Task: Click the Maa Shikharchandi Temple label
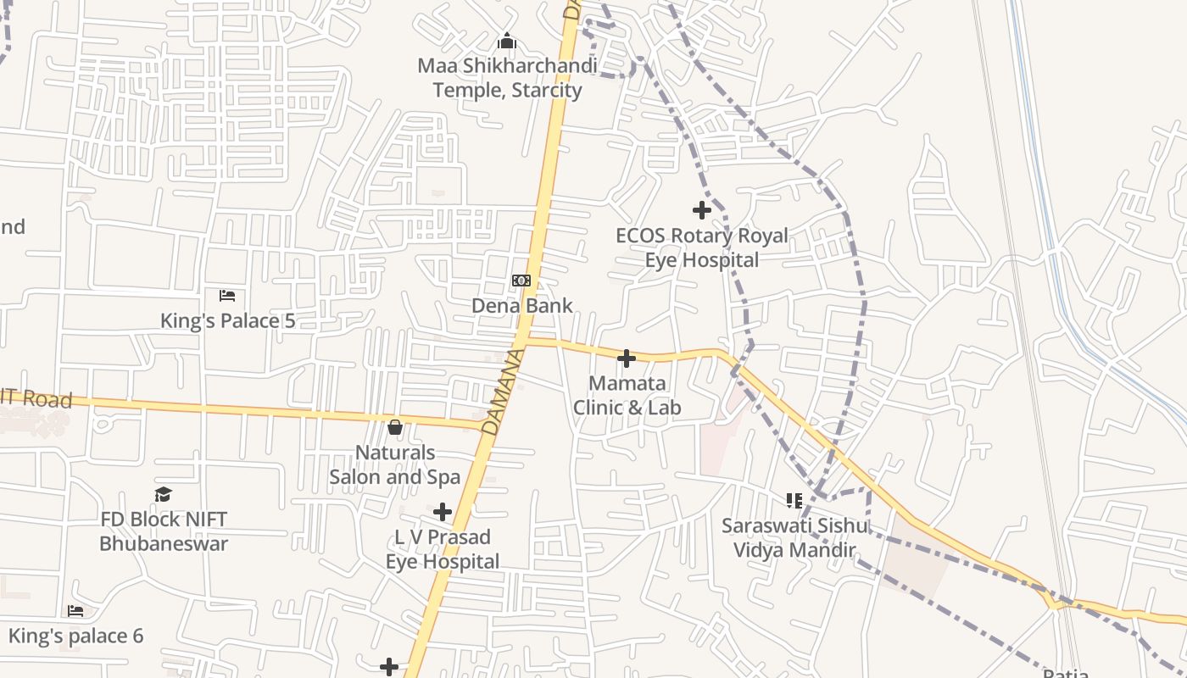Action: (x=507, y=78)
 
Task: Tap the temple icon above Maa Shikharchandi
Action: (x=507, y=41)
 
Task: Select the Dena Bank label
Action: (x=522, y=305)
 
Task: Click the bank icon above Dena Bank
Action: (x=521, y=281)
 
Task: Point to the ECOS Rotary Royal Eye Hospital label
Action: (x=702, y=247)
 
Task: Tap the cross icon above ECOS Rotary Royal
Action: (x=702, y=209)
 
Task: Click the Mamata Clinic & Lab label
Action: (x=627, y=396)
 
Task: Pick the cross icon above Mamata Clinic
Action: (x=627, y=359)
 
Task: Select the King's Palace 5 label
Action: (x=228, y=320)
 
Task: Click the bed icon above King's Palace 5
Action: (x=227, y=296)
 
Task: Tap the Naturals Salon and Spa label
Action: (x=395, y=464)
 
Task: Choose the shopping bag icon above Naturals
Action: (x=395, y=427)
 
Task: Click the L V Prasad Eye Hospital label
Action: (x=443, y=549)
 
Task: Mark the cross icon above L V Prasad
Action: (x=443, y=512)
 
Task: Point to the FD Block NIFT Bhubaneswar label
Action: (x=164, y=531)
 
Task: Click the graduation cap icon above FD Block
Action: (x=164, y=494)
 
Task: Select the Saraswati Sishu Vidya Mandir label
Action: (x=795, y=537)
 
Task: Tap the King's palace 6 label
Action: (x=76, y=636)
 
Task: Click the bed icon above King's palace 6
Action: (x=75, y=610)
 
